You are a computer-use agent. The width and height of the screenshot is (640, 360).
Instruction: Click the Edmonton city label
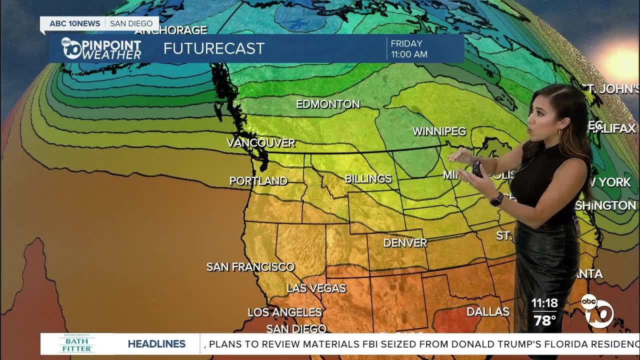coord(328,104)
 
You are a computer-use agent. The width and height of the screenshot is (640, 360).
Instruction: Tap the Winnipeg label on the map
coord(439,131)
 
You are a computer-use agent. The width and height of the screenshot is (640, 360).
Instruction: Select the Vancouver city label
coord(261,143)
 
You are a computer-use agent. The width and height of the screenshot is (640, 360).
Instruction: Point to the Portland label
coord(258,181)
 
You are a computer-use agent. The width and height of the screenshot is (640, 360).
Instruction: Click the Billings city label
coord(368,178)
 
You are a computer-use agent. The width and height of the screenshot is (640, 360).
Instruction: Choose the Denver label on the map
coord(405,243)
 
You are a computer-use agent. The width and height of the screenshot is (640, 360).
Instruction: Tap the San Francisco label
coord(250,267)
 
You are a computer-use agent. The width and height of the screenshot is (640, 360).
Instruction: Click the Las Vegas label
coord(316,288)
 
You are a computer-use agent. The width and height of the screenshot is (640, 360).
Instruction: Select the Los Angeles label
coord(284,312)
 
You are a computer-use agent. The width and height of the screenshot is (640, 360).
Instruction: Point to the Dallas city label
coord(488,312)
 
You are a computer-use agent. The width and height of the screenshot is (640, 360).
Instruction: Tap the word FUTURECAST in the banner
coord(214,48)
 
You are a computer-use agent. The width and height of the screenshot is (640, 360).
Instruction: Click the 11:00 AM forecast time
coord(409,54)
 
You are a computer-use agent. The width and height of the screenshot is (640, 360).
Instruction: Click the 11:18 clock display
coord(544,303)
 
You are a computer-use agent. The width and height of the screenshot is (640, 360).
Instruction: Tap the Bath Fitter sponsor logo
coord(77,343)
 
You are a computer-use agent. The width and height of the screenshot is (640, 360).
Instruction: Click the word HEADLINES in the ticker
coord(156,344)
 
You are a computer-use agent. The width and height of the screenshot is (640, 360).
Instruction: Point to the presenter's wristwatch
coord(496,199)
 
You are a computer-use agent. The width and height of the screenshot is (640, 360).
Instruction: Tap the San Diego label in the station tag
coord(131,23)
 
